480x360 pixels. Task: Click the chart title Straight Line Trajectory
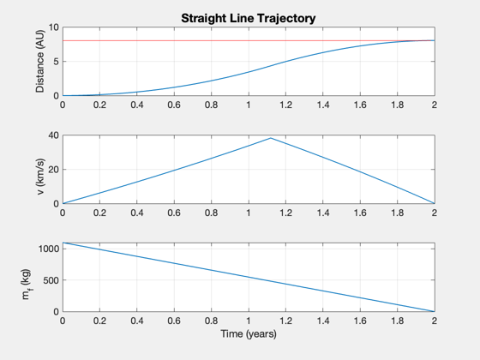pyautogui.click(x=249, y=18)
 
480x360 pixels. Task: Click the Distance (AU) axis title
pyautogui.click(x=40, y=61)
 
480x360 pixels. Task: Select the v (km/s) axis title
pyautogui.click(x=40, y=177)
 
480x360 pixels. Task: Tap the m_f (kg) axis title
pyautogui.click(x=27, y=285)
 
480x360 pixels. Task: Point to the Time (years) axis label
pyautogui.click(x=249, y=333)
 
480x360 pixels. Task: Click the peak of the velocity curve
pyautogui.click(x=271, y=138)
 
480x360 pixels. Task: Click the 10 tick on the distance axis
pyautogui.click(x=53, y=27)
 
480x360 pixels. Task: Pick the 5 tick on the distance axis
pyautogui.click(x=56, y=62)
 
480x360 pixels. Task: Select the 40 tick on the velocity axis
pyautogui.click(x=53, y=135)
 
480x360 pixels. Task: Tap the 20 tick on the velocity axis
pyautogui.click(x=53, y=170)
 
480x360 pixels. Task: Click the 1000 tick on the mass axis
pyautogui.click(x=48, y=249)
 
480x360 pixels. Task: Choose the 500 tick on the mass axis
pyautogui.click(x=51, y=280)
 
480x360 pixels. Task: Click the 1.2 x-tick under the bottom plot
pyautogui.click(x=285, y=321)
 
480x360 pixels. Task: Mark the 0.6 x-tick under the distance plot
pyautogui.click(x=174, y=105)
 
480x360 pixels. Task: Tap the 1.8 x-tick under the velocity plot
pyautogui.click(x=398, y=213)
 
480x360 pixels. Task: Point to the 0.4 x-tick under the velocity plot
pyautogui.click(x=137, y=213)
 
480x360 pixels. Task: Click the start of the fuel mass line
pyautogui.click(x=63, y=243)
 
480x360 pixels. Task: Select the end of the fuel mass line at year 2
pyautogui.click(x=435, y=311)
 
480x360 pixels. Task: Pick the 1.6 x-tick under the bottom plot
pyautogui.click(x=360, y=321)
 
